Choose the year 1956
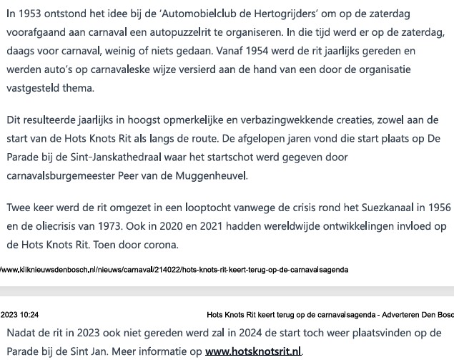pos(438,208)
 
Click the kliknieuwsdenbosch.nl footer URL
pos(174,270)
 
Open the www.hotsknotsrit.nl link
pos(253,351)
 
